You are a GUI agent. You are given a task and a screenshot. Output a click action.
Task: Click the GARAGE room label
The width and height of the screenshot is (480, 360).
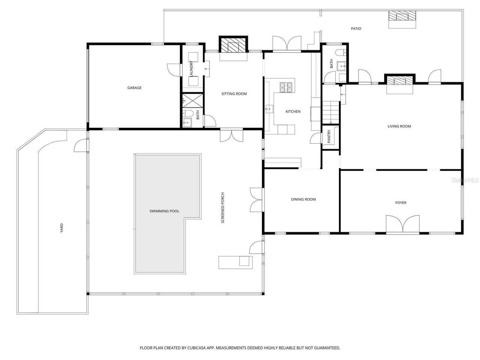134,88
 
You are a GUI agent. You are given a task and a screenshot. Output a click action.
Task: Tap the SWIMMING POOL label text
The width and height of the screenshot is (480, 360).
164,211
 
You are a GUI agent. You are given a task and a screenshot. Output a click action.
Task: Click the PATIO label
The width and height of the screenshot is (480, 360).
356,28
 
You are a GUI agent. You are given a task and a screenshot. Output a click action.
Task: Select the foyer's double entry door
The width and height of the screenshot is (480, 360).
403,225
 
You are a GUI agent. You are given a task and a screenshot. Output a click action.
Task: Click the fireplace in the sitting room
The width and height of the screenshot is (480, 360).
233,46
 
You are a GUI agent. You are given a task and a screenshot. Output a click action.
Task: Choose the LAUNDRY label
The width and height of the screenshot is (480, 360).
191,69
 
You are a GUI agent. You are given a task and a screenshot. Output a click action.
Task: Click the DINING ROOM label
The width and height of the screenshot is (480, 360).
303,199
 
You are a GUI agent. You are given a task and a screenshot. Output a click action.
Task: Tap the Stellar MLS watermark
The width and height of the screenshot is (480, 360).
465,180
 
